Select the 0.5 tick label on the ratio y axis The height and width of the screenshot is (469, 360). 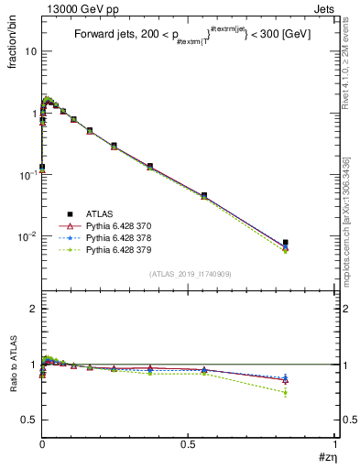click(x=29, y=420)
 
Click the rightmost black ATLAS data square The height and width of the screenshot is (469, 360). click(x=286, y=243)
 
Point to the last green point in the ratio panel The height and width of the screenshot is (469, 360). click(x=286, y=393)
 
